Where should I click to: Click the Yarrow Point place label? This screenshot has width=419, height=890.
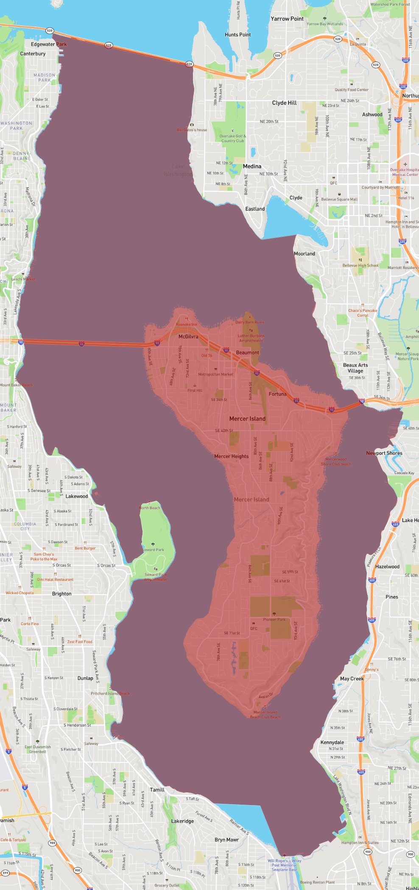click(x=287, y=19)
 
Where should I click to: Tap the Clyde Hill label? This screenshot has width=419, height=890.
click(x=284, y=103)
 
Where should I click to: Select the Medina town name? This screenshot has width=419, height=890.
click(x=252, y=166)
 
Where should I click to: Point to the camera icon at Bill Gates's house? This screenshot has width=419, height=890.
click(x=192, y=125)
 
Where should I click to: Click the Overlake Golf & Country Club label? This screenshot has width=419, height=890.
click(x=233, y=139)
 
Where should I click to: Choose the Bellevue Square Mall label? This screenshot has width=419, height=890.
click(x=339, y=199)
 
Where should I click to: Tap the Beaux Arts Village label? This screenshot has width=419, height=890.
click(x=355, y=368)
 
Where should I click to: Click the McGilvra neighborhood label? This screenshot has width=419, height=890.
click(x=188, y=337)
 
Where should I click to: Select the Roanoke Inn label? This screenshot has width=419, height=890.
click(x=187, y=325)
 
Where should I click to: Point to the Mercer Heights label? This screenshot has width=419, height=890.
click(x=232, y=456)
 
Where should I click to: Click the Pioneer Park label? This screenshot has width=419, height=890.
click(x=274, y=620)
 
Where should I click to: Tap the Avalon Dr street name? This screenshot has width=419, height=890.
click(x=266, y=696)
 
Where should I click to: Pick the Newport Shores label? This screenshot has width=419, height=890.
click(x=384, y=453)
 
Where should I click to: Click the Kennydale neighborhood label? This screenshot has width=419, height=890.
click(x=332, y=742)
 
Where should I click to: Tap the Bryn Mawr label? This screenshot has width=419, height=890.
click(x=226, y=839)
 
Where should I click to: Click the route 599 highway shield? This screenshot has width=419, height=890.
click(x=6, y=873)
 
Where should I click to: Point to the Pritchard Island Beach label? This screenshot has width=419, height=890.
click(x=110, y=693)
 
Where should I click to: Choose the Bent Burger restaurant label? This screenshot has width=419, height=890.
click(x=85, y=548)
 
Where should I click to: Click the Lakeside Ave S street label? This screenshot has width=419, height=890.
click(x=17, y=302)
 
